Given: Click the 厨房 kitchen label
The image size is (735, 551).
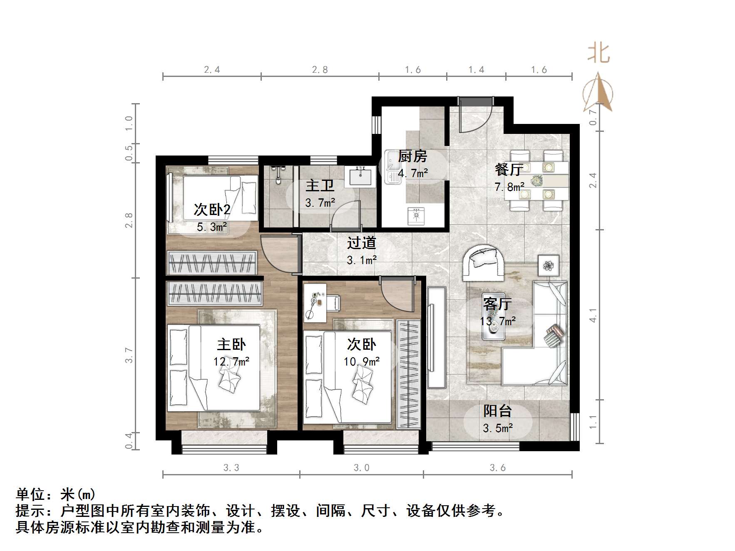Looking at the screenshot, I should [412, 157].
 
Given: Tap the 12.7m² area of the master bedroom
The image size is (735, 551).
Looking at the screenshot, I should [231, 362].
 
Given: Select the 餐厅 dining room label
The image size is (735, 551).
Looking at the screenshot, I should [509, 170].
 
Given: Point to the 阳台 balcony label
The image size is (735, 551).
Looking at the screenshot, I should [497, 411].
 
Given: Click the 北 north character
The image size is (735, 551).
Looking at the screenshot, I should [598, 54].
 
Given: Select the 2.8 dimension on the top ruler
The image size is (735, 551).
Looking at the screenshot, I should [320, 70].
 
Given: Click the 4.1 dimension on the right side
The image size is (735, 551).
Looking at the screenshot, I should [593, 315].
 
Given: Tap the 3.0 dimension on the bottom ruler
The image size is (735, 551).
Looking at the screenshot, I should [361, 468].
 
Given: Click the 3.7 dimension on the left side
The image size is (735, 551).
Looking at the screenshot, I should [129, 356].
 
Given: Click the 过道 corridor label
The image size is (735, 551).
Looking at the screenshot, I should [362, 243].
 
